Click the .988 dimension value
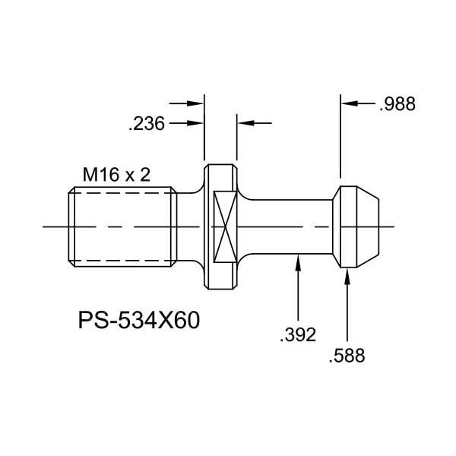(397, 104)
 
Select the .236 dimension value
(147, 124)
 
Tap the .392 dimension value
(298, 334)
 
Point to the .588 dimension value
(347, 356)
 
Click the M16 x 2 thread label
(116, 175)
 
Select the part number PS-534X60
(139, 320)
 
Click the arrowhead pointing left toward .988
(350, 103)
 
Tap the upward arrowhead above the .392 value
(298, 262)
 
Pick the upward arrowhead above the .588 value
(347, 276)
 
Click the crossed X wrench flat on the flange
(225, 226)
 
